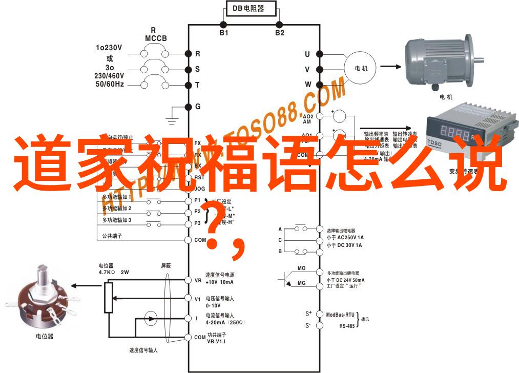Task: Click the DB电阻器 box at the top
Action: click(x=251, y=9)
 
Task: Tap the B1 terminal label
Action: click(x=224, y=33)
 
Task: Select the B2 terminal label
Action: click(x=279, y=33)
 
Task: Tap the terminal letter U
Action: click(x=307, y=54)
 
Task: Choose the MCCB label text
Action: click(x=153, y=38)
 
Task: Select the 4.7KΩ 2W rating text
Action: click(x=113, y=273)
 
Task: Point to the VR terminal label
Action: click(x=198, y=280)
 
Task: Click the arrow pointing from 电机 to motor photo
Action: click(x=390, y=66)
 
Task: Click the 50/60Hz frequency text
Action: click(x=109, y=84)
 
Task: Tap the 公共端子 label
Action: click(x=112, y=236)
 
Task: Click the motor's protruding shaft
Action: click(x=479, y=57)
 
